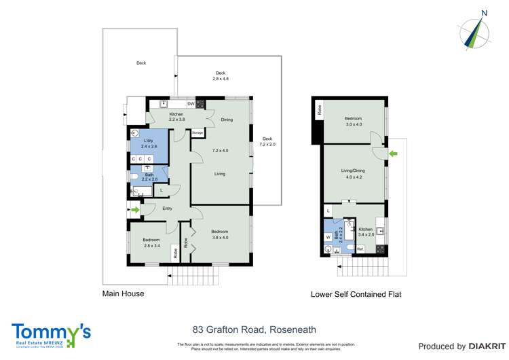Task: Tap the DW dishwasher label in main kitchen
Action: pos(191,104)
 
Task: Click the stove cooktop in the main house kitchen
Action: pos(201,104)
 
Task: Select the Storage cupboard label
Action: pos(197,132)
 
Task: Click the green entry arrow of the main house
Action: pos(134,211)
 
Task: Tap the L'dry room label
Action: pos(149,141)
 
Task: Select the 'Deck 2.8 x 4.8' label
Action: pos(221,76)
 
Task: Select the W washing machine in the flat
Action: pos(328,237)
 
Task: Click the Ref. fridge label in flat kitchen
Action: pos(360,249)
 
